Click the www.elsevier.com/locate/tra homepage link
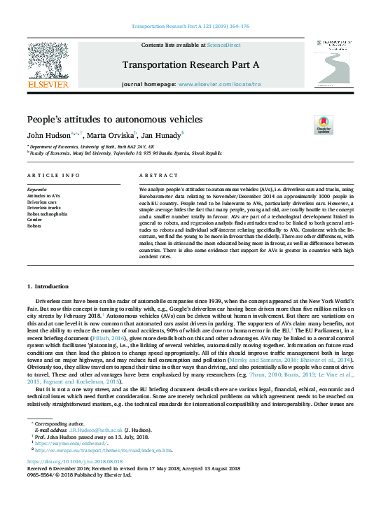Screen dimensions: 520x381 [x=220, y=84]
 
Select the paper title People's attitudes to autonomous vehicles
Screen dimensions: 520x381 [x=114, y=119]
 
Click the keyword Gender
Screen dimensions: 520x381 [x=35, y=220]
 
